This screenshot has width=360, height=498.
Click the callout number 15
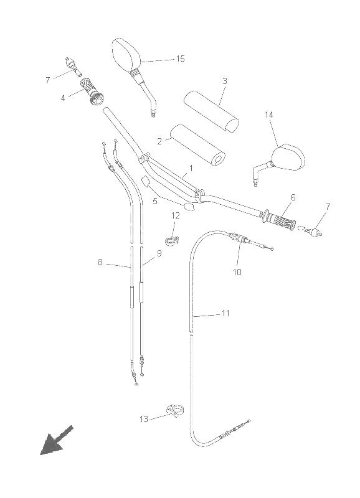click(181, 59)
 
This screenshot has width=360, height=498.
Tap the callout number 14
click(269, 115)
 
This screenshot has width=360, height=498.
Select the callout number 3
click(225, 81)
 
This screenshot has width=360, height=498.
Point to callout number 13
click(144, 419)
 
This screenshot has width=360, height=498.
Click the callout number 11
click(225, 314)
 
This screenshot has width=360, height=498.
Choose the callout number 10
click(237, 272)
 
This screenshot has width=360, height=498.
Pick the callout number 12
click(176, 215)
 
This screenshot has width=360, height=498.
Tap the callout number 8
click(100, 262)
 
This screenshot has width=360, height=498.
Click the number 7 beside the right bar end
click(328, 207)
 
